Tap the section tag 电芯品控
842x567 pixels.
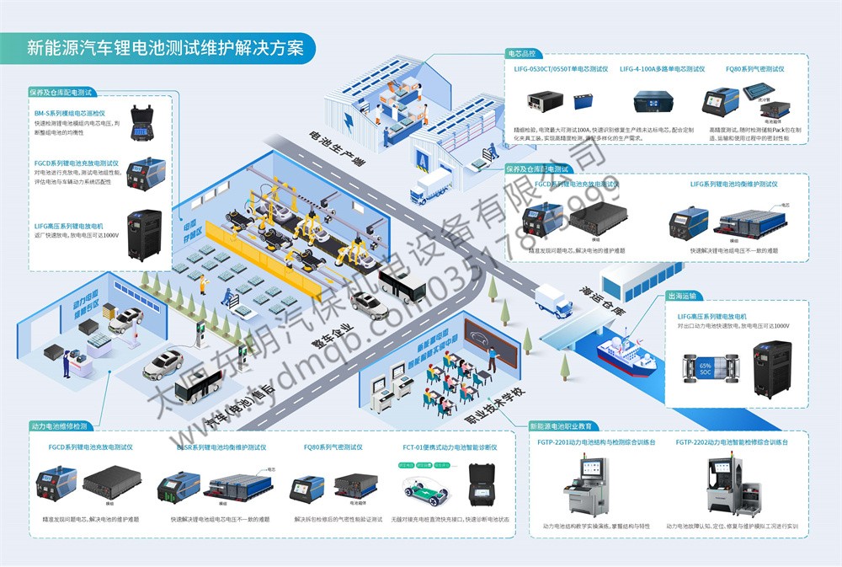[x=525, y=54]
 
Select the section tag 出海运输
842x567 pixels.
[x=681, y=297]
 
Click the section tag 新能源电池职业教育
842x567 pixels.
[x=560, y=425]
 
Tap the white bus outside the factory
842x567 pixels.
[x=402, y=286]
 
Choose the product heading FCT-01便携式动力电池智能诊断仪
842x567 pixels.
[x=450, y=447]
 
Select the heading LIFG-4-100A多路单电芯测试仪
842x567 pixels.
[x=661, y=69]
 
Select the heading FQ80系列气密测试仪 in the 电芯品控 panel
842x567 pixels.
[x=754, y=69]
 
